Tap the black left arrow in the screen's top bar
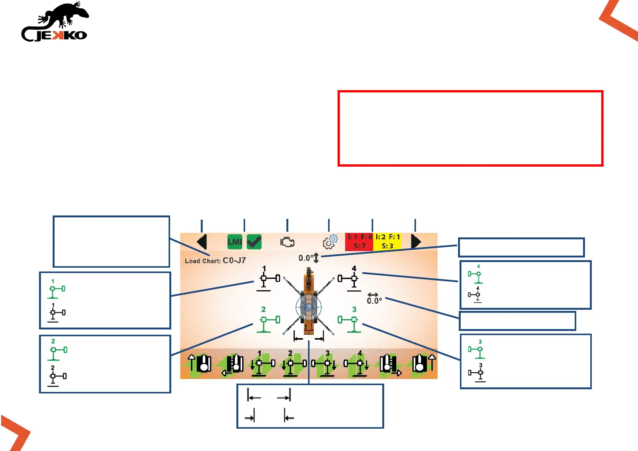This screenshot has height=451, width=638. (x=202, y=242)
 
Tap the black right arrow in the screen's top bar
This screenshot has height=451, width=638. (x=416, y=242)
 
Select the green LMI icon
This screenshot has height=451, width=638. (x=235, y=242)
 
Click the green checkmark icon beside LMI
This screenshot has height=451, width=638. (x=254, y=242)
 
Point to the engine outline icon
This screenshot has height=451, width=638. (x=287, y=242)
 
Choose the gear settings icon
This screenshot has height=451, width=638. (x=330, y=242)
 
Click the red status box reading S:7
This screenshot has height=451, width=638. (x=359, y=242)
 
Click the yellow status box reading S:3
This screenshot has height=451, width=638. (x=387, y=242)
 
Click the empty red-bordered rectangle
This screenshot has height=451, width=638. (x=470, y=128)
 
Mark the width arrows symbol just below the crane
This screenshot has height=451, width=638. (x=309, y=337)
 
